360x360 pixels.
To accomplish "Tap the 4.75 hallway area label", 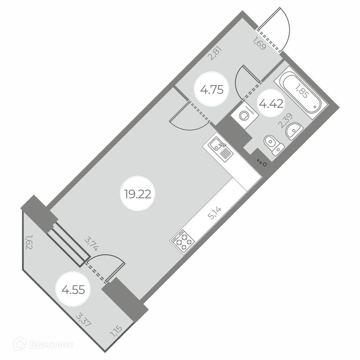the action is click(212, 89).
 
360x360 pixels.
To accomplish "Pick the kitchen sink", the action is click(218, 148).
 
